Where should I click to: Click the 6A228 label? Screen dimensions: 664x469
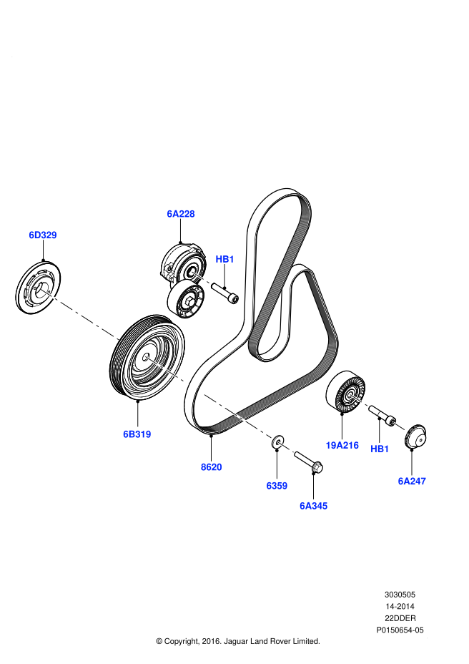[x=181, y=214]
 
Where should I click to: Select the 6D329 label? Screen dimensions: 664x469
[x=43, y=235]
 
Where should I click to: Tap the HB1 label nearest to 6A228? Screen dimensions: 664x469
[x=224, y=259]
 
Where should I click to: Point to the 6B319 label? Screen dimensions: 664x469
[x=137, y=434]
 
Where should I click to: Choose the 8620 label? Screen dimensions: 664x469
[x=212, y=467]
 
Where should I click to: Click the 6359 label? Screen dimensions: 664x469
[x=277, y=486]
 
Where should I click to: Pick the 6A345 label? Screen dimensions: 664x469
[x=313, y=506]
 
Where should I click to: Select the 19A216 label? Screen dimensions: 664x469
[x=342, y=446]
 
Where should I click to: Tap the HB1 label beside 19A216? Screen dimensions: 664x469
[x=380, y=449]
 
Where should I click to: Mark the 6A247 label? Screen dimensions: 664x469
[x=412, y=482]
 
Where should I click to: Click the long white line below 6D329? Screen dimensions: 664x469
[x=79, y=314]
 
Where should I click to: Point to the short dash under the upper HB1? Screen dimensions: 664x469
[x=201, y=278]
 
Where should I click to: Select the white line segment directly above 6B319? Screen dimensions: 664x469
[x=165, y=369]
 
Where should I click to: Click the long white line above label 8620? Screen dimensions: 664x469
[x=237, y=416]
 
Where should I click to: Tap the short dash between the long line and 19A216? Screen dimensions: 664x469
[x=286, y=447]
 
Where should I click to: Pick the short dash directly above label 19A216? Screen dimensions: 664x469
[x=359, y=401]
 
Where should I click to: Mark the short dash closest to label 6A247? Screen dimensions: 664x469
[x=400, y=427]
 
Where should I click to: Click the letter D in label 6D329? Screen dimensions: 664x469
[x=39, y=235]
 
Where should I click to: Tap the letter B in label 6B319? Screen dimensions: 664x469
[x=133, y=434]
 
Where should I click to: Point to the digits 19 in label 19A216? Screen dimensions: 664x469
[x=331, y=446]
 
